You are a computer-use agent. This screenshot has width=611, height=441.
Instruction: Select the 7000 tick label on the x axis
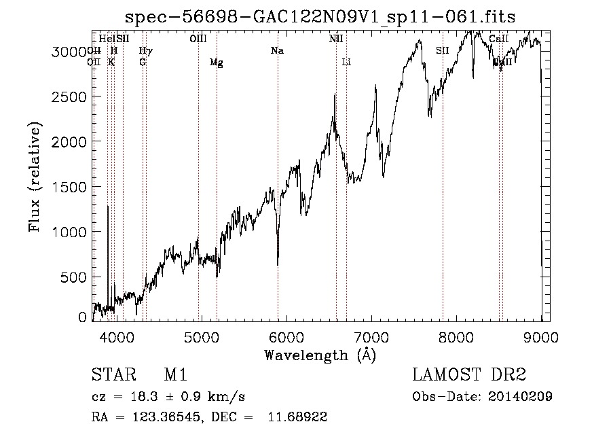pos(371,335)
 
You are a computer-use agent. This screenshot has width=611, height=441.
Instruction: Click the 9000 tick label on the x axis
pos(540,335)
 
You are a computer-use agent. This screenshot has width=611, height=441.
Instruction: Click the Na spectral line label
pos(277,50)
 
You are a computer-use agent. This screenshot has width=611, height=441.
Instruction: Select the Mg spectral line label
pos(216,63)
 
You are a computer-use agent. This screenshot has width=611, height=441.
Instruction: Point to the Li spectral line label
pos(346,63)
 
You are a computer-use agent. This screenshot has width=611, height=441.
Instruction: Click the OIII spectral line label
pos(198,39)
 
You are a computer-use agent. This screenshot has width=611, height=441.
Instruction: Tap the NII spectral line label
pos(336,39)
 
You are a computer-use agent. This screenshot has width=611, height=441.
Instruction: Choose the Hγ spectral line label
pos(145,50)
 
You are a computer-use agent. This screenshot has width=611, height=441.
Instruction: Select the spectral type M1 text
pos(175,375)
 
